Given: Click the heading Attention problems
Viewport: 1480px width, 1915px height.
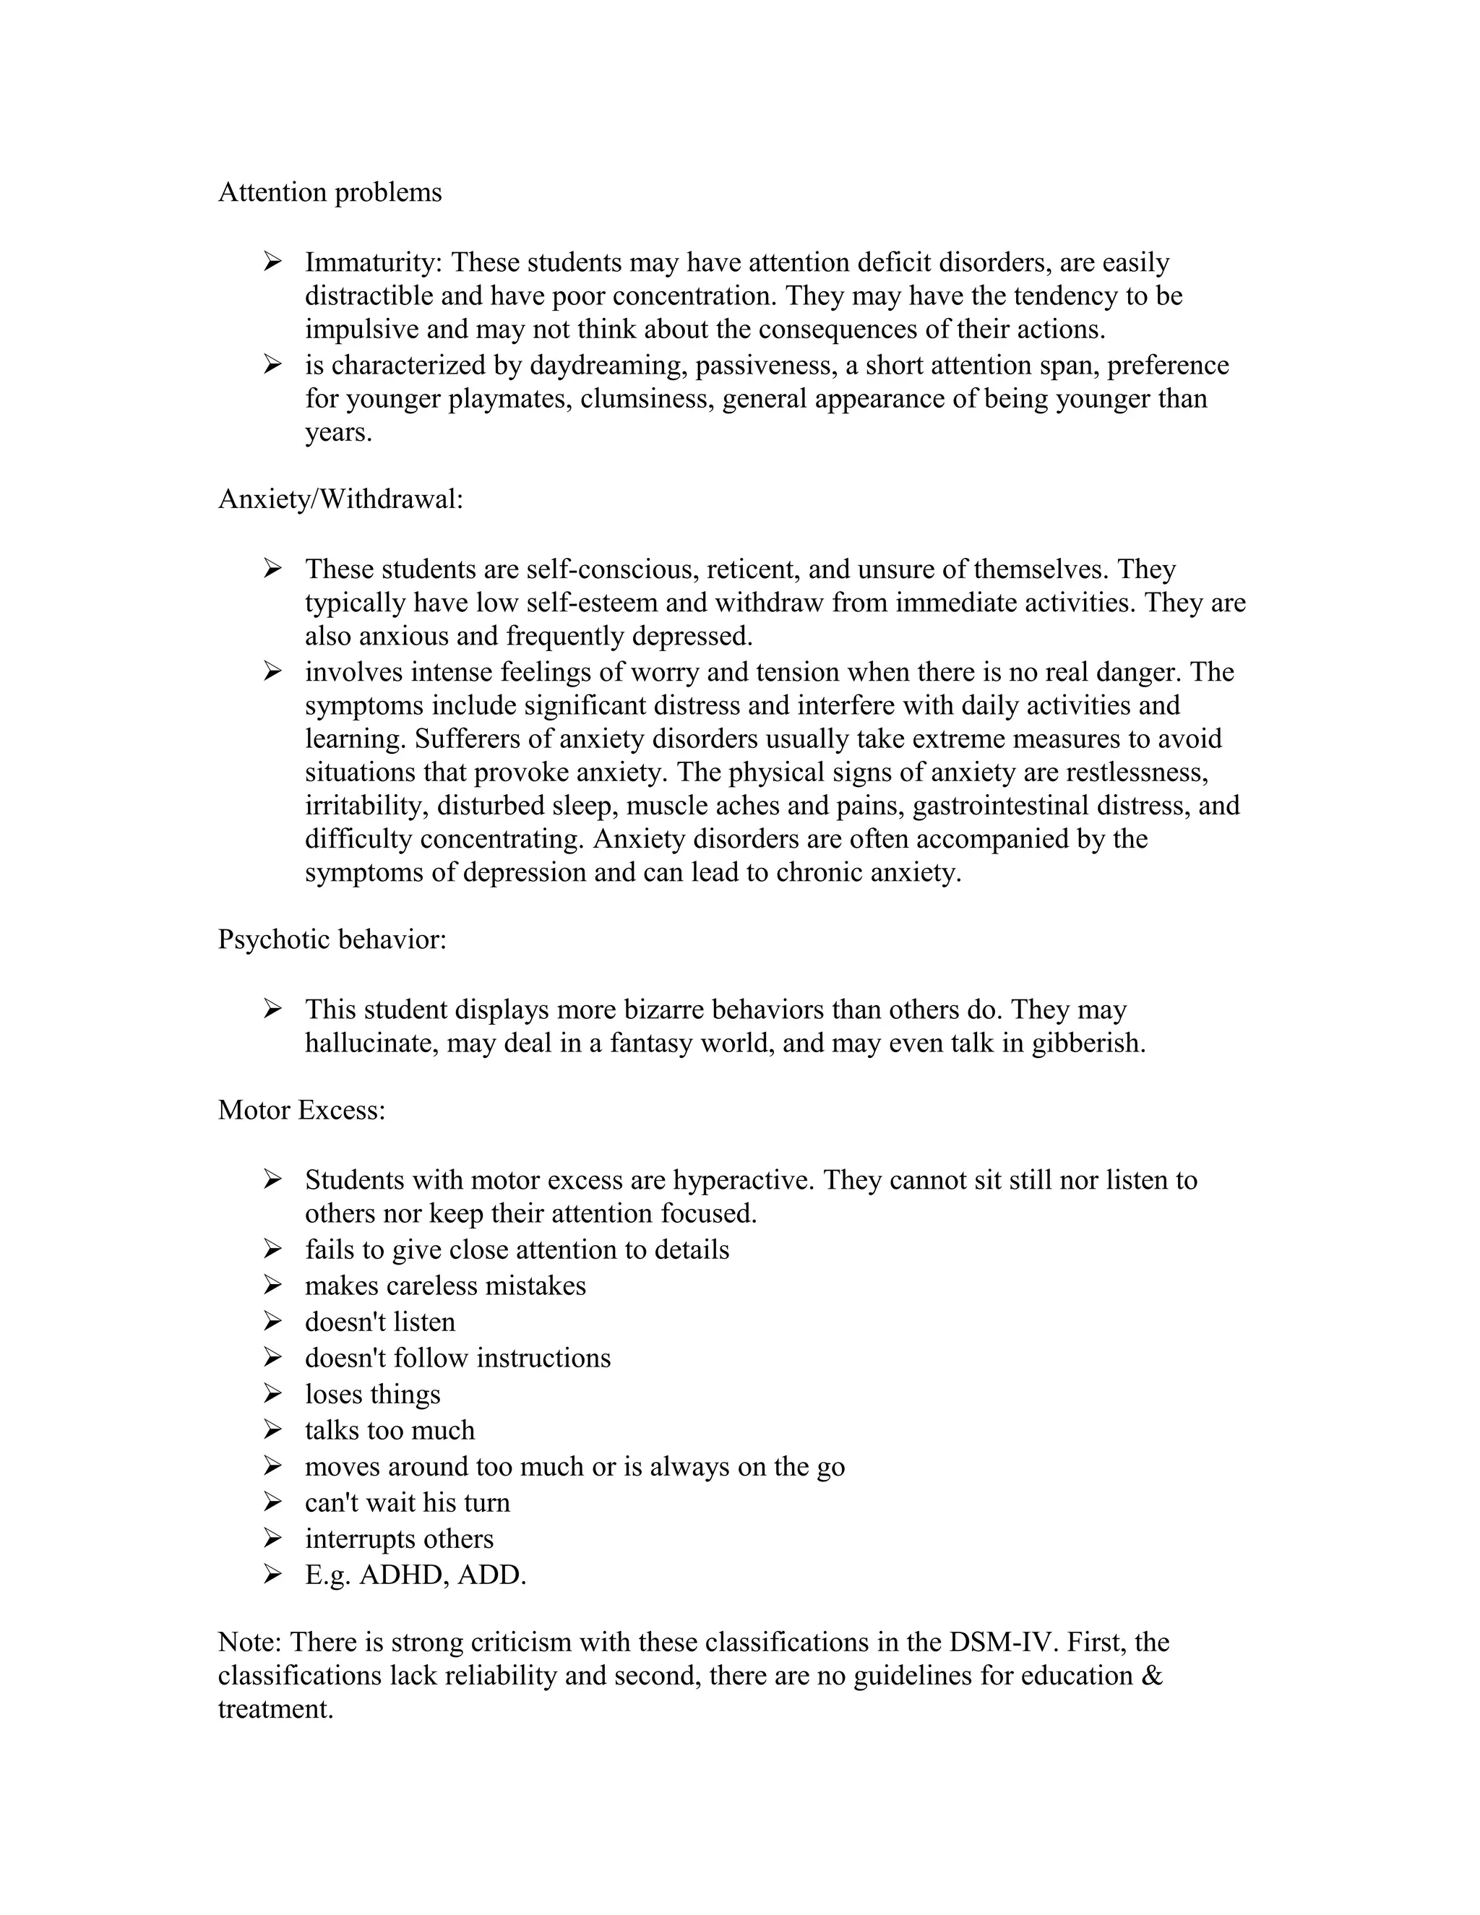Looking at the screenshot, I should [x=330, y=192].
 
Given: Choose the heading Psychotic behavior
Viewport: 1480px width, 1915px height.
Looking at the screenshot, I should [x=332, y=939].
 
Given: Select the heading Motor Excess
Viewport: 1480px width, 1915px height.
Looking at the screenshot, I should [x=301, y=1110].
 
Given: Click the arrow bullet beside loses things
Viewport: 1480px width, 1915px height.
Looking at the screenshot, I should [x=272, y=1393].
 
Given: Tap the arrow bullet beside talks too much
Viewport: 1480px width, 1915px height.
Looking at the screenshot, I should [x=272, y=1429].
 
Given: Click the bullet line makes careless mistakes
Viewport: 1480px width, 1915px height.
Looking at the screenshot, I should [x=445, y=1286].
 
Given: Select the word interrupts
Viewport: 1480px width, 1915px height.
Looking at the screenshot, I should [x=361, y=1538].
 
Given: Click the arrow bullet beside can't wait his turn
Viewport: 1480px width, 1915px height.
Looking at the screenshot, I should [x=272, y=1502].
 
